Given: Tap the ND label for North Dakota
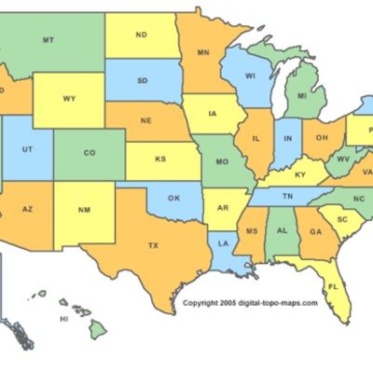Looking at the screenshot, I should pos(141,35).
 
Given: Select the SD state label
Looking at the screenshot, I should pos(142,80).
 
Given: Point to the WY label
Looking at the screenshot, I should pos(69,98).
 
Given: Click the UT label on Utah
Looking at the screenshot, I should pos(29,149).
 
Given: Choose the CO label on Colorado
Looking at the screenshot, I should pos(89,153).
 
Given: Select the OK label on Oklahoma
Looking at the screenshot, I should pos(173,198).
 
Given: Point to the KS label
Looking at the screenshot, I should pos(160,159).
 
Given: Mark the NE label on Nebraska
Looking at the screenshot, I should pos(145,122).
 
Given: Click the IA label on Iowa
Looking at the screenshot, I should pos(214,117).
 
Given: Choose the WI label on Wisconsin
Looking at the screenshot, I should pos(249,77).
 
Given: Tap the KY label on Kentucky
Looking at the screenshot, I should pos(299,174).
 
